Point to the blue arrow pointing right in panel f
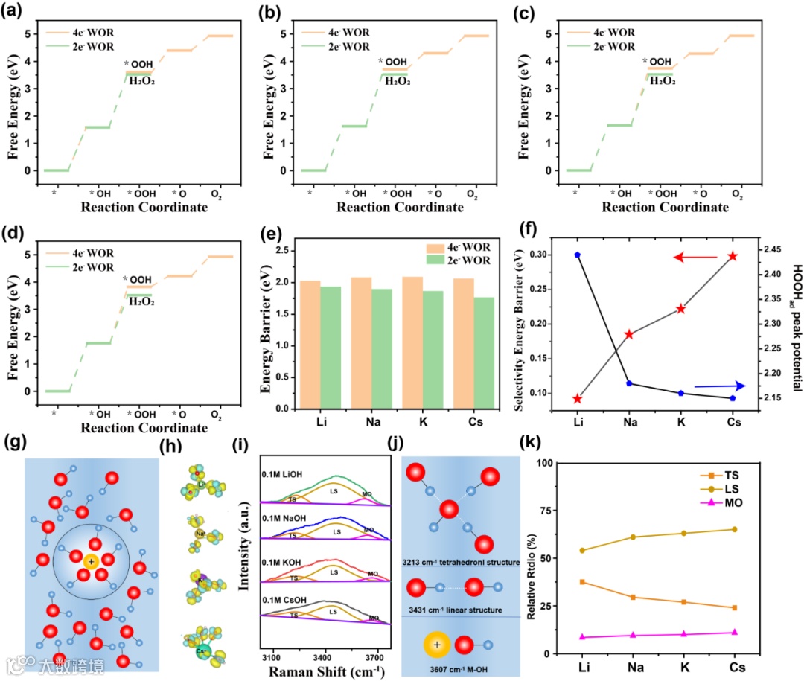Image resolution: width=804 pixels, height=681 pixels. click(719, 386)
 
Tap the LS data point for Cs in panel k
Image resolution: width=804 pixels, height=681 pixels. click(735, 529)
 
